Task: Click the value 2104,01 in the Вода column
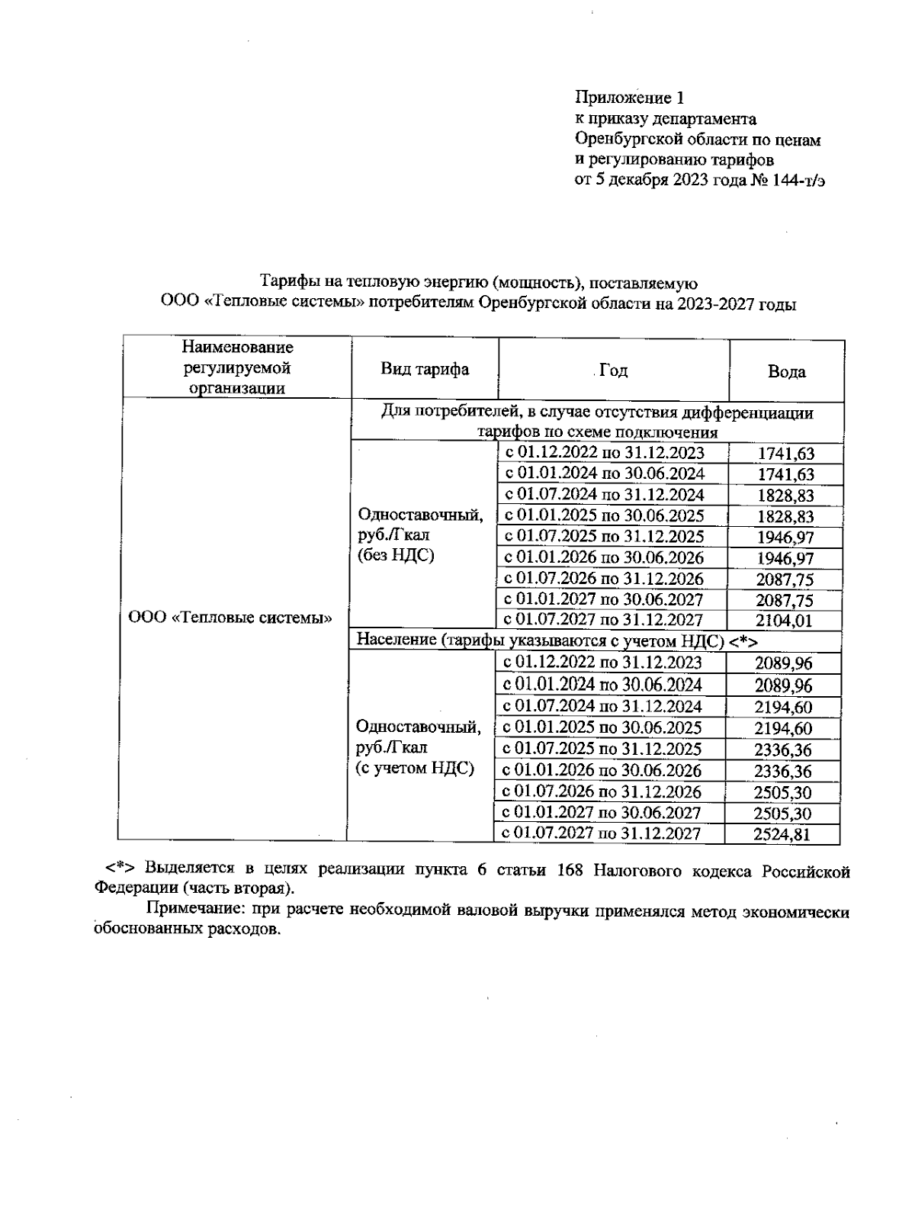coord(785,621)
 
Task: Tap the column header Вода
coord(786,372)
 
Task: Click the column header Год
coord(613,371)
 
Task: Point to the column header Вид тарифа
coord(425,370)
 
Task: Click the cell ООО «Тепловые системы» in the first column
coord(230,618)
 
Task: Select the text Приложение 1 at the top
coord(629,98)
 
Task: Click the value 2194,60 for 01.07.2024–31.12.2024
coord(783,707)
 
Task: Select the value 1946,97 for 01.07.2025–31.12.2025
coord(785,538)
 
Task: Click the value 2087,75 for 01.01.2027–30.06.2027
coord(785,601)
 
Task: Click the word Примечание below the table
coord(190,911)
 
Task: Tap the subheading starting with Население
coord(556,641)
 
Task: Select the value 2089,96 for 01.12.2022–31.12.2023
coord(783,663)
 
